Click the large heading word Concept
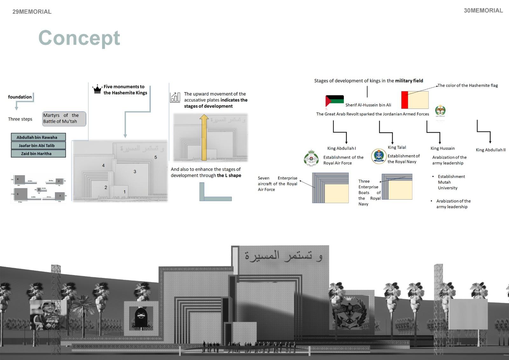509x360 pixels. pos(79,38)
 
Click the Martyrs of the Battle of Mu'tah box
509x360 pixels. pos(64,119)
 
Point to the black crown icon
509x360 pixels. pos(97,89)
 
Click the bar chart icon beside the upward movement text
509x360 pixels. pos(175,97)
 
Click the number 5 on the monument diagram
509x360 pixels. pos(156,157)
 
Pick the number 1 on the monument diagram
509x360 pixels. pos(124,192)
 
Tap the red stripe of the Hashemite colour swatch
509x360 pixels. pos(405,100)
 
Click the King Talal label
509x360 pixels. pos(397,147)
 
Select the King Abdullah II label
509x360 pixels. pos(490,150)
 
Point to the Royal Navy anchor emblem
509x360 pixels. pos(379,156)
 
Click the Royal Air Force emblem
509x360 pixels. pos(311,158)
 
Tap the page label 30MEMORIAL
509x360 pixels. pos(483,11)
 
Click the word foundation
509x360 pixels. pos(20,97)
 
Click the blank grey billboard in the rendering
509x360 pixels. pos(468,314)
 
